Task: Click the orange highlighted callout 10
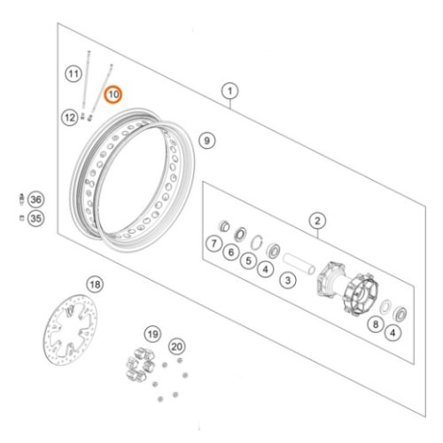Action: [x=113, y=95]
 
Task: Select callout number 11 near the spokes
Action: [x=74, y=74]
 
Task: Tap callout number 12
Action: [x=70, y=118]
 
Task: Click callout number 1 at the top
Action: [x=230, y=91]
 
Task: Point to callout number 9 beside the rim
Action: [x=207, y=141]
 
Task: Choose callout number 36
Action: [x=36, y=199]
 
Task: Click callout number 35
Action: [x=36, y=219]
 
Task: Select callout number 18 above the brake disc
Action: [x=95, y=284]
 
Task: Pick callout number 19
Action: [x=153, y=334]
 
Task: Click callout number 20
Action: [x=177, y=346]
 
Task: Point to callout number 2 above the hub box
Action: [x=317, y=221]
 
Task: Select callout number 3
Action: [x=288, y=280]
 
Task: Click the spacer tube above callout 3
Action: [x=299, y=263]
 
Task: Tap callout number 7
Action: [x=214, y=244]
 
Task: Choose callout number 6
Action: [x=231, y=253]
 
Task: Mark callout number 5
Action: [x=248, y=260]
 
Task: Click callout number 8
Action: [x=376, y=324]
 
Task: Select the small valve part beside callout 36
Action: [x=21, y=198]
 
